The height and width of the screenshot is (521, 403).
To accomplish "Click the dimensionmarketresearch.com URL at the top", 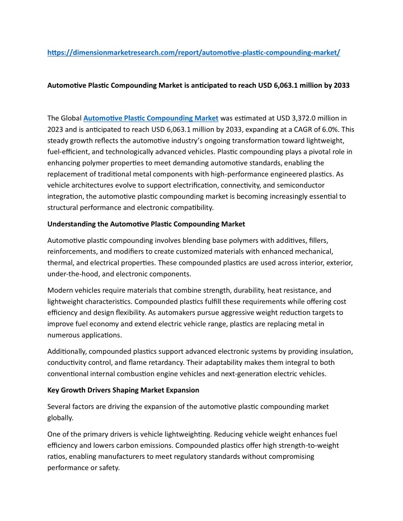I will (x=194, y=52).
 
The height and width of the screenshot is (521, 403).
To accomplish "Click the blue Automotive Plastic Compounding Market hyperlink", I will (x=151, y=118).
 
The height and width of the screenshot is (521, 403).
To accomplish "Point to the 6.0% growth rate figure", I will (x=334, y=130).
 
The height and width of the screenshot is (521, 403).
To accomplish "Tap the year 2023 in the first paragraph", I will (x=58, y=130).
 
